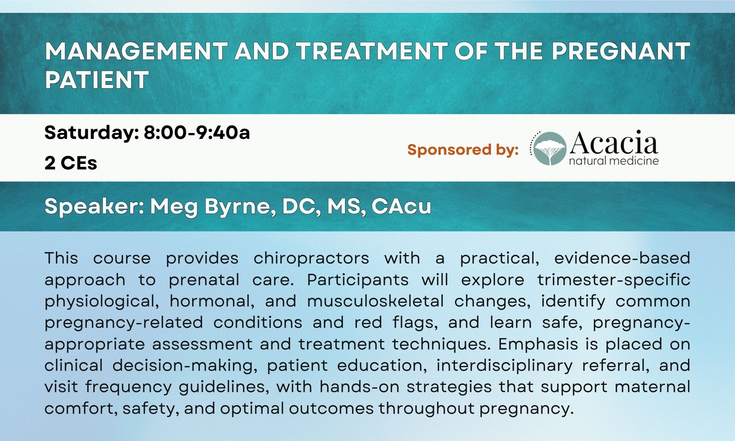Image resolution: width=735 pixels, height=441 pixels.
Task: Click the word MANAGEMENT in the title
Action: coord(136,51)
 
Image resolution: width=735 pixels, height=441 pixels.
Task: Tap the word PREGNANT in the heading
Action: coord(621,51)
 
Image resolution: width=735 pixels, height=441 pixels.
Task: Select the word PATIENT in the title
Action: coord(97,80)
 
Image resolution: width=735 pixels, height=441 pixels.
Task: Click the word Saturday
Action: coord(92,133)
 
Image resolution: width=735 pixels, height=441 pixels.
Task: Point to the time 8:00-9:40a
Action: coord(197,133)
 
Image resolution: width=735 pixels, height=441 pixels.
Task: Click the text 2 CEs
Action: coord(71,163)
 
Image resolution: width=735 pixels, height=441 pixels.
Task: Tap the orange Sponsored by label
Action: coord(463,150)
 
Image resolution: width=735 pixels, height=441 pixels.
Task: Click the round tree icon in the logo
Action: coord(550,148)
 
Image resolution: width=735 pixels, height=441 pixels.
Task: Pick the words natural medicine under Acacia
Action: coord(614,161)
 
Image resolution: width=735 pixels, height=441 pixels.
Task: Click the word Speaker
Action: coord(94,207)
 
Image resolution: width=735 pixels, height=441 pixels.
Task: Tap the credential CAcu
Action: coord(401,207)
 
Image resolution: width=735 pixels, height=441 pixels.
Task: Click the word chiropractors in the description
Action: coord(311,259)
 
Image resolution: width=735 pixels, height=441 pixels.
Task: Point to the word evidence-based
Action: coord(622,258)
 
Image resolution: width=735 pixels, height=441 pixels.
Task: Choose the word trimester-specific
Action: coord(614,280)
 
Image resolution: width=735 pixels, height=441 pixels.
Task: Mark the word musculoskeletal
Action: coord(376,301)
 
